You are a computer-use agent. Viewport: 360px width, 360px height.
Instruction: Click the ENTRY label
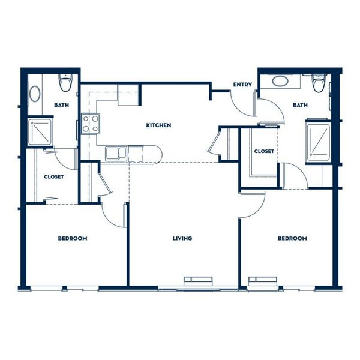tap(242, 85)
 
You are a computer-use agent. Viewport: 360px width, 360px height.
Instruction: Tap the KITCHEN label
tap(158, 125)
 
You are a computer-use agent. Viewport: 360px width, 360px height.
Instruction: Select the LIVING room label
tap(182, 238)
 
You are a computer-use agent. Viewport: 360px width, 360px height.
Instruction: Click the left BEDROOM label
tap(73, 238)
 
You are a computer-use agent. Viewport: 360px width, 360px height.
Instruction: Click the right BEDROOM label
tap(292, 238)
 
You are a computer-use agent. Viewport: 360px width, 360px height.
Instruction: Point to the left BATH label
tap(61, 105)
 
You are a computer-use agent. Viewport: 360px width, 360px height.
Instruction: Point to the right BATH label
tap(300, 105)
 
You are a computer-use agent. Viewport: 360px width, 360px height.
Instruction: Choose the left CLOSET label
tap(54, 177)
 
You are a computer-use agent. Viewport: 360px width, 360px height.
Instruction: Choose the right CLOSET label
tap(264, 151)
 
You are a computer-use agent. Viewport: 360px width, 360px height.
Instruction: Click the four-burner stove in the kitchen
tap(91, 124)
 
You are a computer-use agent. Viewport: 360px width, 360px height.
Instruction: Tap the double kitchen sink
tap(116, 153)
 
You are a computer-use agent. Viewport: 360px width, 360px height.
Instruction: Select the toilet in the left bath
tap(65, 83)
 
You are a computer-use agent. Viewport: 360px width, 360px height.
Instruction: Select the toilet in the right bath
tap(319, 83)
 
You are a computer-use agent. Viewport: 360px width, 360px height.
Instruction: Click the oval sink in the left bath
tap(35, 94)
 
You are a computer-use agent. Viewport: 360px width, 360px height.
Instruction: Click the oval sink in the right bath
tap(280, 81)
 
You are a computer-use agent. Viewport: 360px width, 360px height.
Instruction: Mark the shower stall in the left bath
tap(40, 132)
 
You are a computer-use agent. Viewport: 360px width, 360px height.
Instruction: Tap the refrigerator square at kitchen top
tap(128, 95)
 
